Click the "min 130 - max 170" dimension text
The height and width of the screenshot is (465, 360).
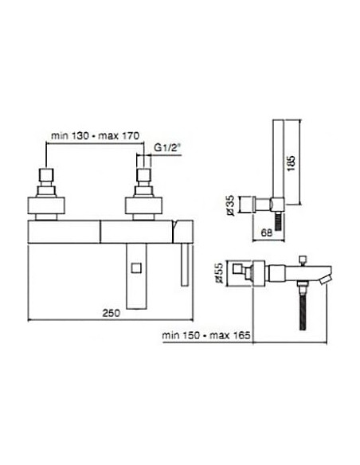coord(95,136)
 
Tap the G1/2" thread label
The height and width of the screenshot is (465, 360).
coord(167,147)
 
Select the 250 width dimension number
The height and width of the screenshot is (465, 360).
coord(112,313)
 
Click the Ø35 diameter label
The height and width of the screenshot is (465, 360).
coord(230,205)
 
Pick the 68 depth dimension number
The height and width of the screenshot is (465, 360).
coord(267,232)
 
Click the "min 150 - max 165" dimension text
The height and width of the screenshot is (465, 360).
coord(206,335)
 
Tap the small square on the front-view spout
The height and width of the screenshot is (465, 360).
coord(136,268)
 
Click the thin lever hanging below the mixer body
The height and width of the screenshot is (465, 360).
coord(185,264)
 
